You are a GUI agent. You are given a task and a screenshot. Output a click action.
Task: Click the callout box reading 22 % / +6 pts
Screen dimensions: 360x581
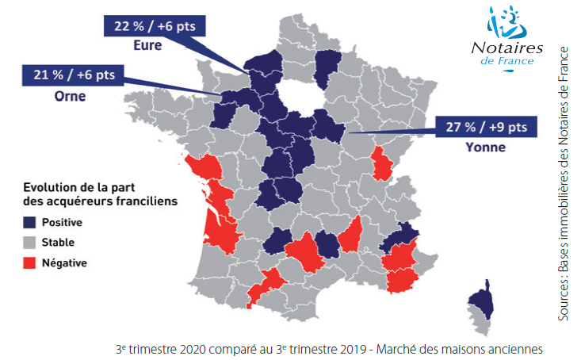click(x=155, y=26)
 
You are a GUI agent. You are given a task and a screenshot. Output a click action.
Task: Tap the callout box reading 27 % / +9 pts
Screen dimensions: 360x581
click(x=486, y=127)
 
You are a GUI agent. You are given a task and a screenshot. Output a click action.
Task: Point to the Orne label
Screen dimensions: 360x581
click(x=69, y=96)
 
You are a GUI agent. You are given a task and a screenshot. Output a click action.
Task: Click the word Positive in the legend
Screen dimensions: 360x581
click(x=63, y=223)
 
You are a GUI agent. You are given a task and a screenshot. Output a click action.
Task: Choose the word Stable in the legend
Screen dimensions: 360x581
click(x=58, y=242)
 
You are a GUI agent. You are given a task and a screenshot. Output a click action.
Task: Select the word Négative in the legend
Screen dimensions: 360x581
click(x=63, y=262)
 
